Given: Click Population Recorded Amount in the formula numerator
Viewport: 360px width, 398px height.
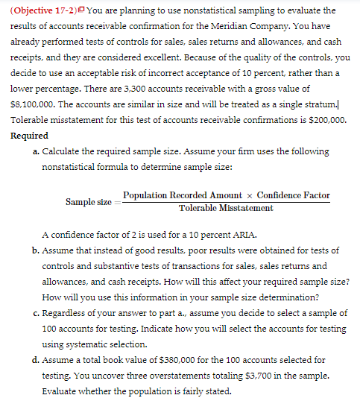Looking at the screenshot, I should pos(173,195).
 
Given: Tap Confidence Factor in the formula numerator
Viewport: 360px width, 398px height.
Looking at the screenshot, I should pos(293,195).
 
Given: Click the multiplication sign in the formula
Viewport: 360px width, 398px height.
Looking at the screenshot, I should pos(245,195).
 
